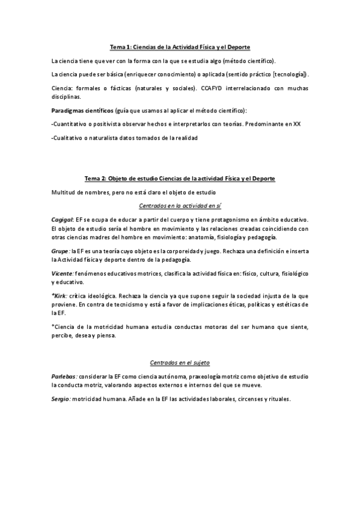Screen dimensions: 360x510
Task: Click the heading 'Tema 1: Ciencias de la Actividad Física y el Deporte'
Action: tap(180, 47)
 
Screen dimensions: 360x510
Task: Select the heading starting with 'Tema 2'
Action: tap(180, 179)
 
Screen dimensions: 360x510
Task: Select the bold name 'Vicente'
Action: tap(63, 273)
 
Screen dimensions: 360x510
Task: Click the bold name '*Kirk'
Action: tap(59, 296)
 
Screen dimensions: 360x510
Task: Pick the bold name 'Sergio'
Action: tap(61, 398)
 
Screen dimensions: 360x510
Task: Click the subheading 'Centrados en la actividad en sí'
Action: tap(180, 206)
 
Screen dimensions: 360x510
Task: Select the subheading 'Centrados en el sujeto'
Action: tap(180, 363)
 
